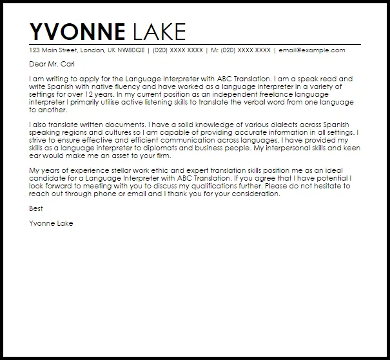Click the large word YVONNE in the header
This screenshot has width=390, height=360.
tap(77, 32)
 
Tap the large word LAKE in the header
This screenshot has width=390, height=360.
tap(158, 32)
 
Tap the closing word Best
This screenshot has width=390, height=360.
tap(35, 208)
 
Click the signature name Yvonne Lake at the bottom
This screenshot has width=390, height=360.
tap(50, 223)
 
